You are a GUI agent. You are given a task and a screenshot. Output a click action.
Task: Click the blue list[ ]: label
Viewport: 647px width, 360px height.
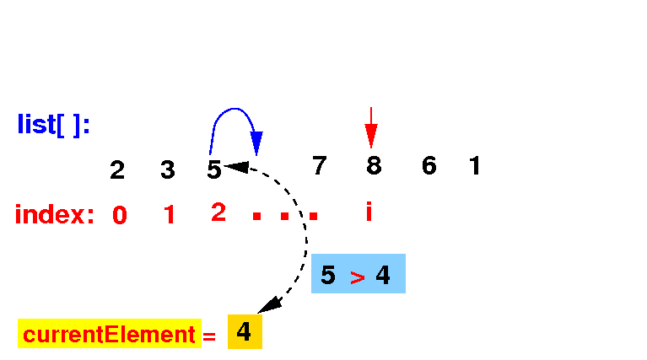coord(54,125)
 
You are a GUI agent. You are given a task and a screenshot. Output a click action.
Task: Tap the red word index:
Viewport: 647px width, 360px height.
coord(55,215)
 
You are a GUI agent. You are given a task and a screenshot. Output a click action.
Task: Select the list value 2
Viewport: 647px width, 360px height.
coord(117,170)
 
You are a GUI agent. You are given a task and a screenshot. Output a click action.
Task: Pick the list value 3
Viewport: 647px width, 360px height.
coord(168,170)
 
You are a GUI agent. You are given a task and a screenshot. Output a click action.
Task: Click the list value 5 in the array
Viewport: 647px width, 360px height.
coord(214,170)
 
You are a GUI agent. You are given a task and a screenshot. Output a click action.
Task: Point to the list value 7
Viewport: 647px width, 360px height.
coord(319,166)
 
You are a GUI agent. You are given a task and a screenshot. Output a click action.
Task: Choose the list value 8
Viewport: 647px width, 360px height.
coord(374,166)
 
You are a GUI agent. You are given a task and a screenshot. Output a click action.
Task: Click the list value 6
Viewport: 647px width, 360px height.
coord(429,166)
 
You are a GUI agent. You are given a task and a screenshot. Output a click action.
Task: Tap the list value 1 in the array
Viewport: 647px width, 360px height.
coord(475,166)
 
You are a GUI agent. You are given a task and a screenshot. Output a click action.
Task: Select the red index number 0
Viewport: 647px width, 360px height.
coord(120,216)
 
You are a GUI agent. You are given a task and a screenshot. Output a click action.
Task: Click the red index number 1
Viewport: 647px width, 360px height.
coord(170,216)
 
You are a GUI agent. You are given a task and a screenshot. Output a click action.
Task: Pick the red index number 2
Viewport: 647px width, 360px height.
coord(218,213)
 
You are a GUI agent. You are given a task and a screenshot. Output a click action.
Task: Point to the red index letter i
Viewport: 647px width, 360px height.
coord(369,212)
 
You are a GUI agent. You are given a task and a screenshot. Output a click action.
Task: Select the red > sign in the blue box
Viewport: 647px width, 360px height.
coord(358,277)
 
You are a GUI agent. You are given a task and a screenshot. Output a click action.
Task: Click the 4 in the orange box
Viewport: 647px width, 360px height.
coord(244,332)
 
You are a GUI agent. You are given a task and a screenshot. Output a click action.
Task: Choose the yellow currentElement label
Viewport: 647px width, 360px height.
coord(110,335)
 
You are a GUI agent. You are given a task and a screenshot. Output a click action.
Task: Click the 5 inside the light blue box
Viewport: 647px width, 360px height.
coord(328,275)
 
